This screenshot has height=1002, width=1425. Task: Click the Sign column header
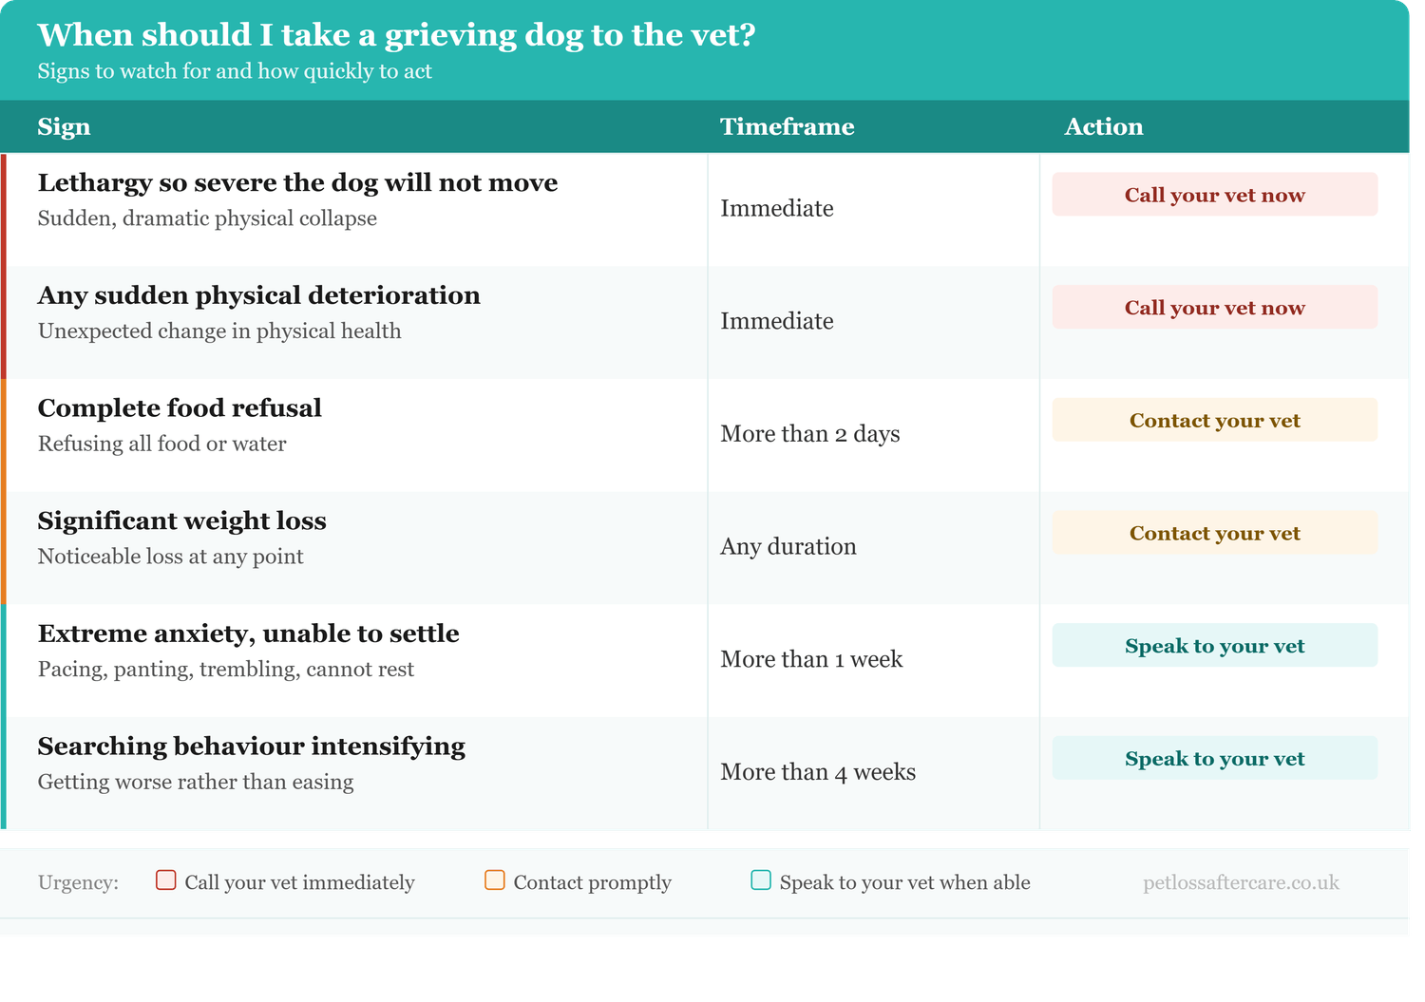coord(65,127)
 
